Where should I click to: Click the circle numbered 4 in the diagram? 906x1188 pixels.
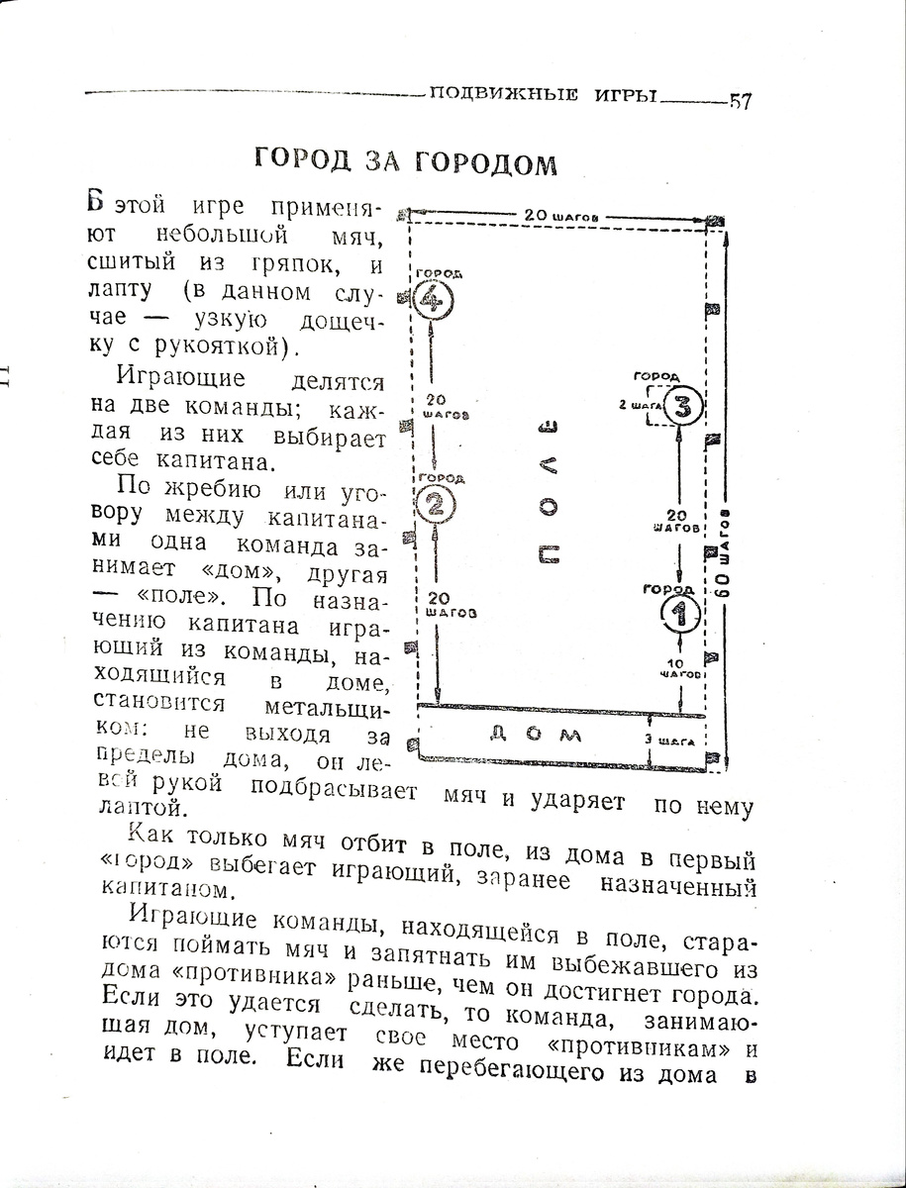pos(434,298)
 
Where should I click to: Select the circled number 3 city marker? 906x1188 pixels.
pos(684,405)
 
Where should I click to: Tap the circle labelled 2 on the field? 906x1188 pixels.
pos(436,505)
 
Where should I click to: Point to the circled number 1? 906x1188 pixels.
pos(680,614)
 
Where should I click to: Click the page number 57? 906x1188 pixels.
pos(741,102)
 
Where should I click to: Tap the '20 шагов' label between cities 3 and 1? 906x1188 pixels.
pos(680,522)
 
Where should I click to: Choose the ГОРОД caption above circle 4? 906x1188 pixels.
pos(437,272)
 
